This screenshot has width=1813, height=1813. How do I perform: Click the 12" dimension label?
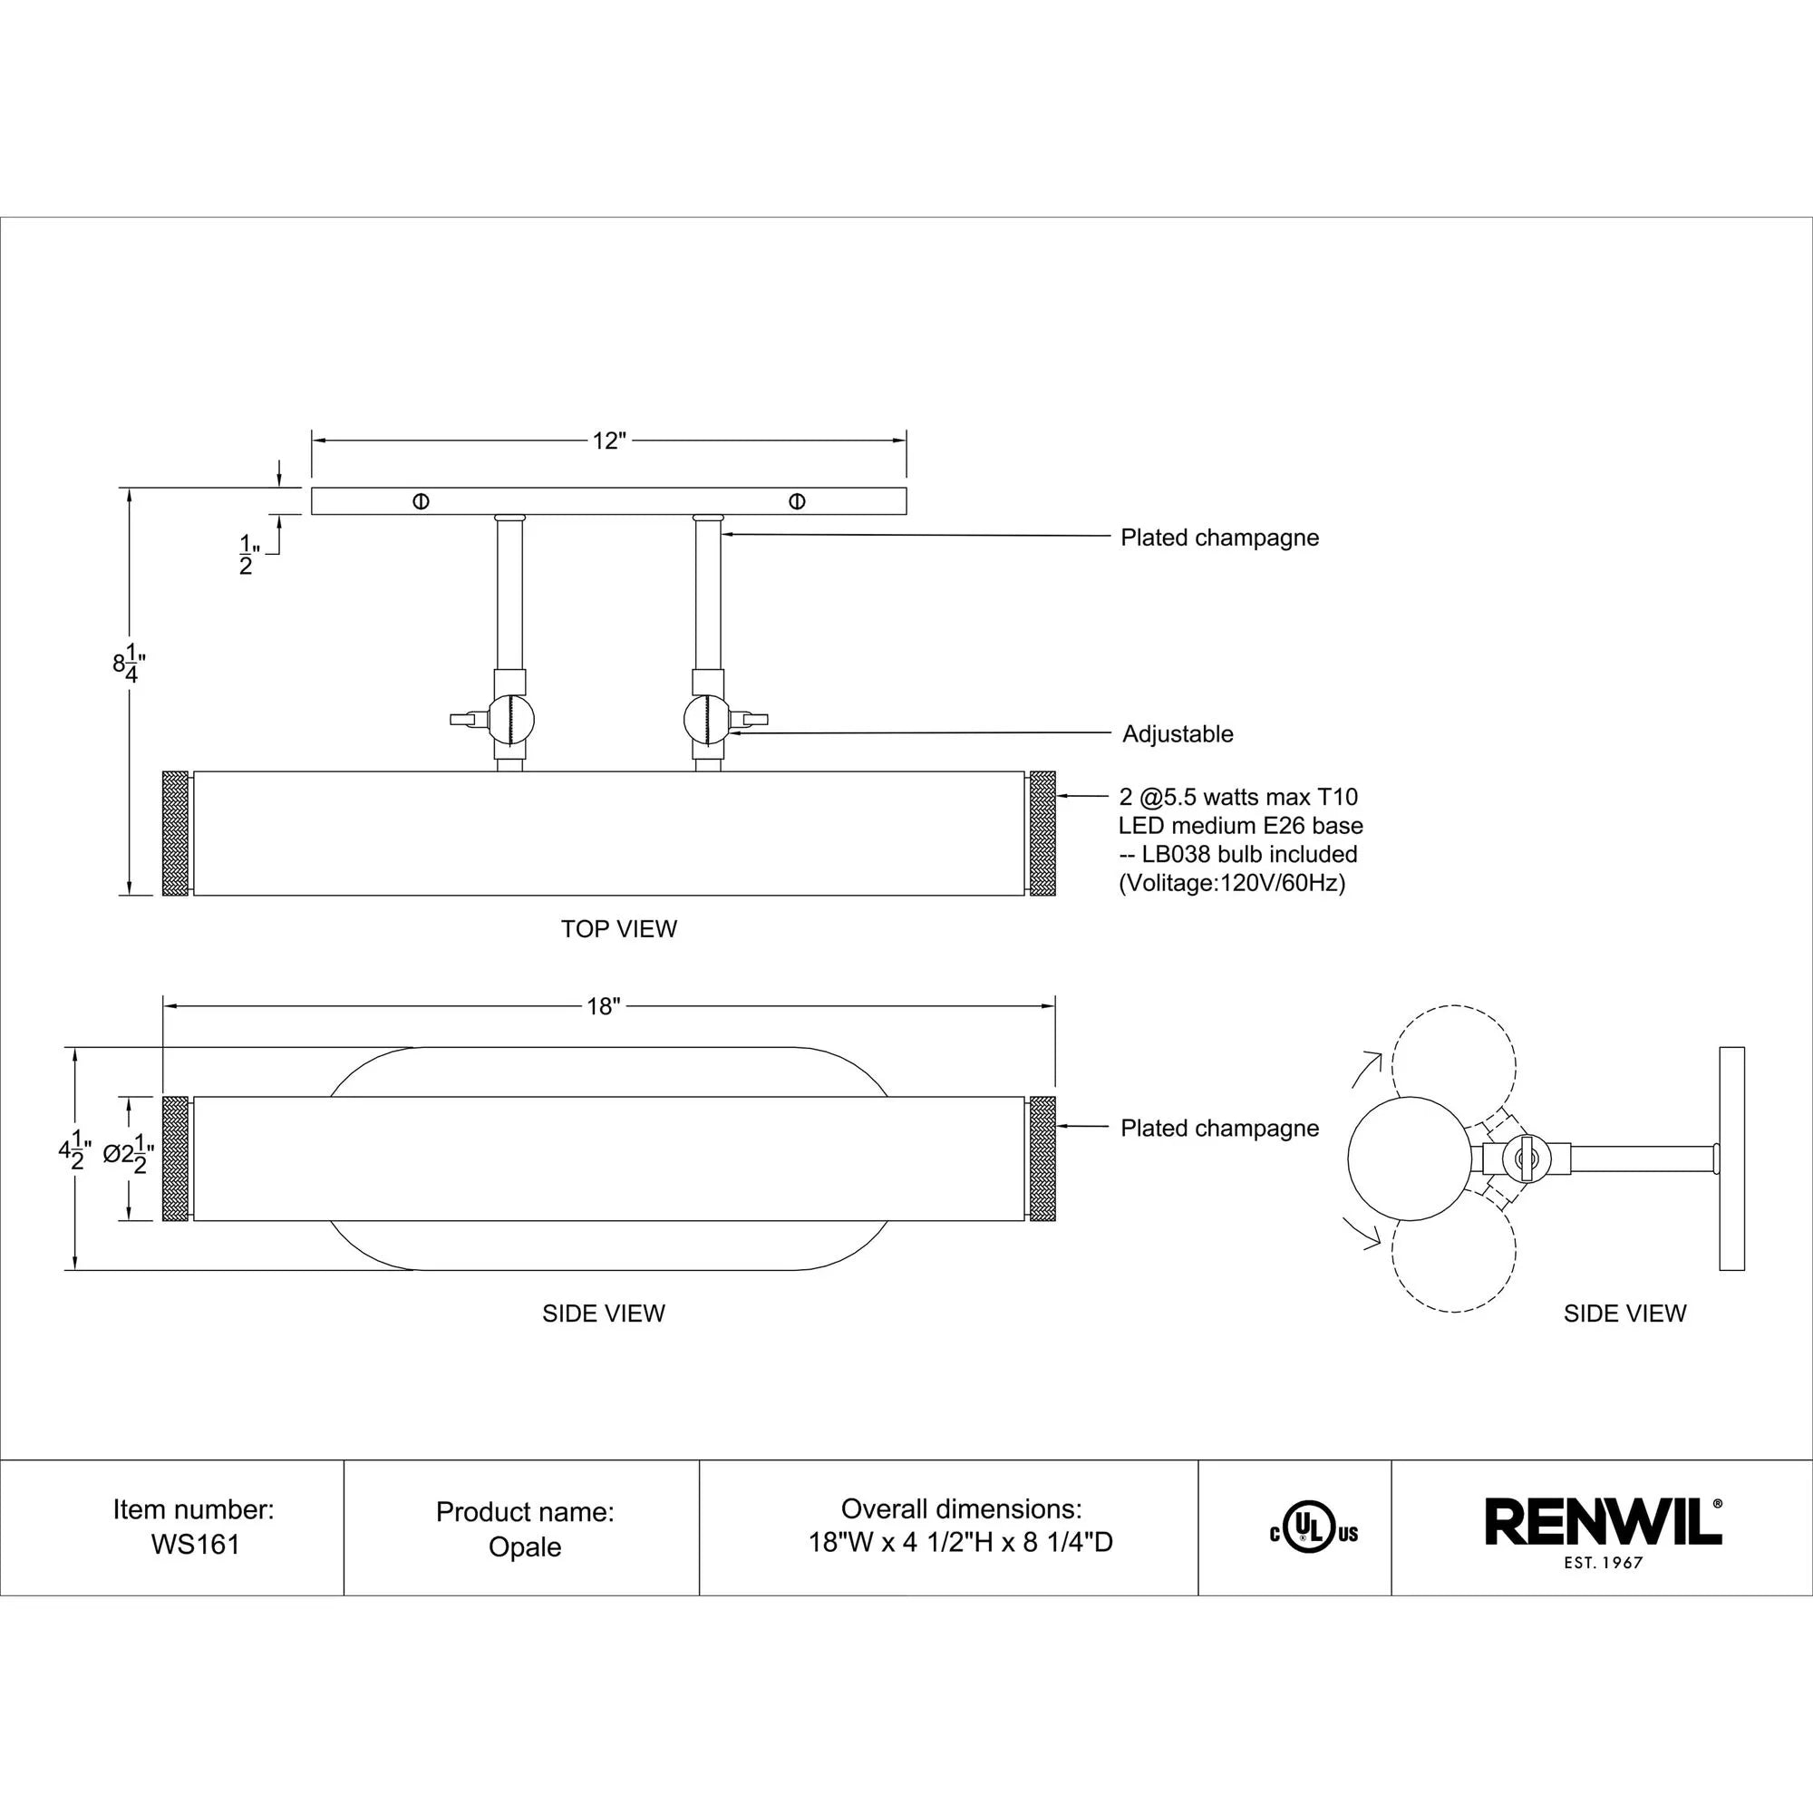point(608,441)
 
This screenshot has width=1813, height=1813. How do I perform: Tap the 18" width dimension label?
point(604,1007)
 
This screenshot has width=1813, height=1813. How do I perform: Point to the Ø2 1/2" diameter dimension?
point(128,1155)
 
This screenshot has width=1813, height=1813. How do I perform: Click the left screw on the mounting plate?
point(422,501)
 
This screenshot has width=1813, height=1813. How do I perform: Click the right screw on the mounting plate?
point(797,501)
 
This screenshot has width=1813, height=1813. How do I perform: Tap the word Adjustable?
point(1178,734)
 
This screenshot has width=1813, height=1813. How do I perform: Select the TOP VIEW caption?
point(618,929)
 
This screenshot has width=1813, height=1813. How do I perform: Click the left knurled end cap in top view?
point(176,833)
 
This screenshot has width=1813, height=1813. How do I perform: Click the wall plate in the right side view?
point(1731,1159)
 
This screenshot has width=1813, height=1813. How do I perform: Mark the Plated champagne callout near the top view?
point(1219,538)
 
